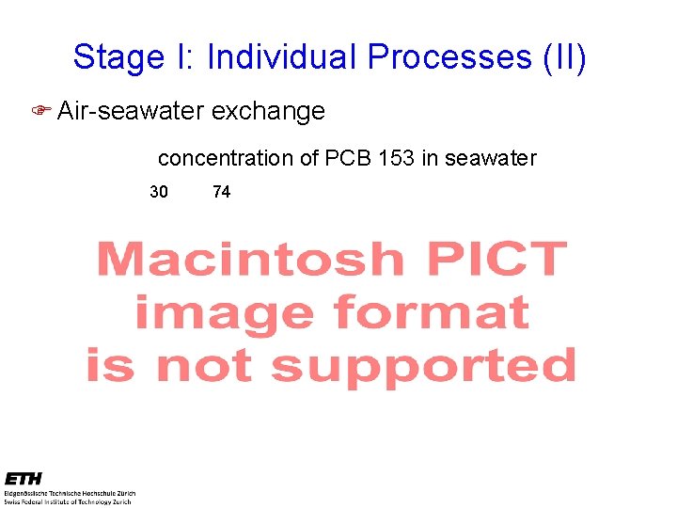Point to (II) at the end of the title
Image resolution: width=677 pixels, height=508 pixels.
tap(565, 57)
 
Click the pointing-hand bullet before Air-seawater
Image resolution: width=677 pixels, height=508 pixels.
tap(40, 111)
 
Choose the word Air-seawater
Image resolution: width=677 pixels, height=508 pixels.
tap(130, 111)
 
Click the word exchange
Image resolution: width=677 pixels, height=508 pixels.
tap(268, 111)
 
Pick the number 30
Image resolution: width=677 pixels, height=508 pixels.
tap(159, 192)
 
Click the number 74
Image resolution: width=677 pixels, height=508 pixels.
tap(221, 192)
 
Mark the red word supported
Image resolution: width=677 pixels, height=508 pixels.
tap(423, 367)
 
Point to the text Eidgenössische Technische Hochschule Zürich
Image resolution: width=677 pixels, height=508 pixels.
tap(70, 493)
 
